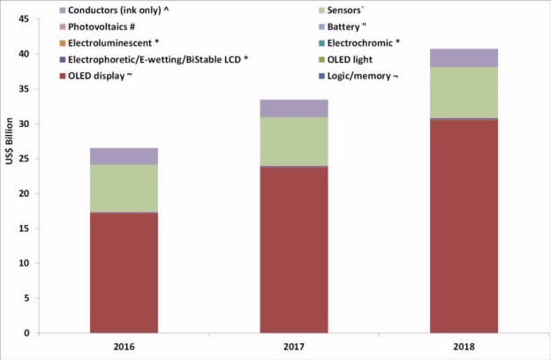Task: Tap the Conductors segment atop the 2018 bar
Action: pyautogui.click(x=464, y=58)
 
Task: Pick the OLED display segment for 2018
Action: pyautogui.click(x=464, y=226)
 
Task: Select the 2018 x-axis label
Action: pyautogui.click(x=464, y=347)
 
